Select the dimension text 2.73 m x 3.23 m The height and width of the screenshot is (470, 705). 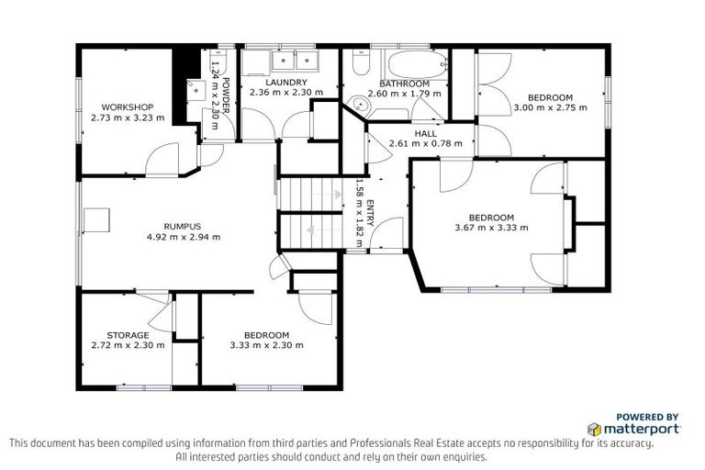[x=127, y=117]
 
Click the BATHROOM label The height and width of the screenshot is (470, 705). [x=404, y=84]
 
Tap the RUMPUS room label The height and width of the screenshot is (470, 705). [x=182, y=226]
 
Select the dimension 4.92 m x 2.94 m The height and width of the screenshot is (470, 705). [x=183, y=237]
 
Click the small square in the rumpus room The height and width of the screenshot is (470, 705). [x=96, y=220]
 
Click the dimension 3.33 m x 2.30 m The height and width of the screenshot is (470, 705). [x=266, y=345]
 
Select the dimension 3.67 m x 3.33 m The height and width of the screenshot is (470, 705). [x=491, y=228]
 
